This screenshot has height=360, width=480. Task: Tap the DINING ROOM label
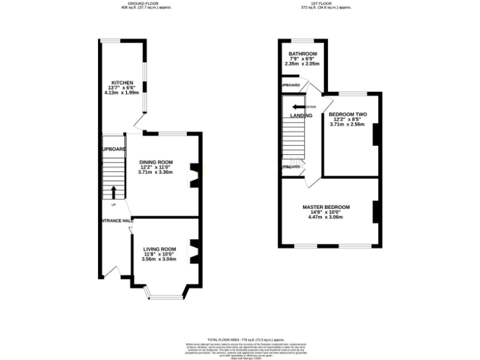(156, 162)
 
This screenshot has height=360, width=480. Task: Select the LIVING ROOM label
(159, 249)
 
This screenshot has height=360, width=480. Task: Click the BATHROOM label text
(302, 54)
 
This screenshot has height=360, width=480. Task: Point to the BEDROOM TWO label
(347, 114)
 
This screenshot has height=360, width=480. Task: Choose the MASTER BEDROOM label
(326, 207)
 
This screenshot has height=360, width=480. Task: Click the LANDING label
(301, 116)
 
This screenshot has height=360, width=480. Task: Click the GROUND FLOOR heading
(136, 3)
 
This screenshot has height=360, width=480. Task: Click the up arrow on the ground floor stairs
(113, 191)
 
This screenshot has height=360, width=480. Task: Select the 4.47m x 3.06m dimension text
(326, 217)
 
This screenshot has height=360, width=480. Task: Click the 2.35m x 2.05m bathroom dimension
(302, 64)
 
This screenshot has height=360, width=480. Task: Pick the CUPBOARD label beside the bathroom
(290, 85)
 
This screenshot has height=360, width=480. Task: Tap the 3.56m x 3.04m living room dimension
(159, 259)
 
